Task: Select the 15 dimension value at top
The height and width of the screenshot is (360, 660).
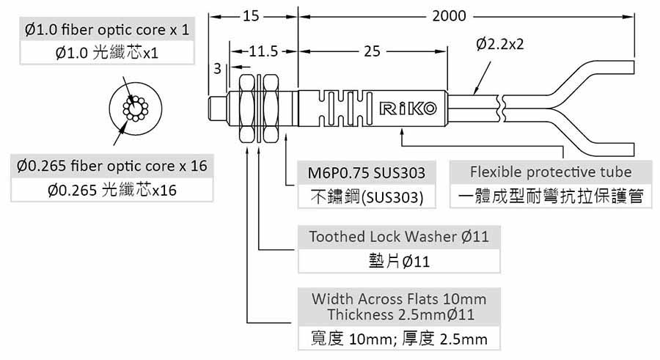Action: click(x=252, y=15)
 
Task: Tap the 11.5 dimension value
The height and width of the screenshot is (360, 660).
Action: click(x=263, y=52)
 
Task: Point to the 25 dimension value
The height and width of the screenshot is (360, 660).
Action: click(x=371, y=52)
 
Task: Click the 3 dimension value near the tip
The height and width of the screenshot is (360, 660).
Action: click(x=217, y=69)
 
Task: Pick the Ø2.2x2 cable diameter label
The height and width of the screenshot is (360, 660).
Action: click(x=499, y=45)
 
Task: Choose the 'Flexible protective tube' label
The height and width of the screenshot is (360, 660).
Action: click(x=550, y=173)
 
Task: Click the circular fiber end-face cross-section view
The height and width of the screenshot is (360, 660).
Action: click(x=136, y=111)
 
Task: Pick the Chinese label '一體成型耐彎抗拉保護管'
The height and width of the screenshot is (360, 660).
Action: click(x=550, y=198)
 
